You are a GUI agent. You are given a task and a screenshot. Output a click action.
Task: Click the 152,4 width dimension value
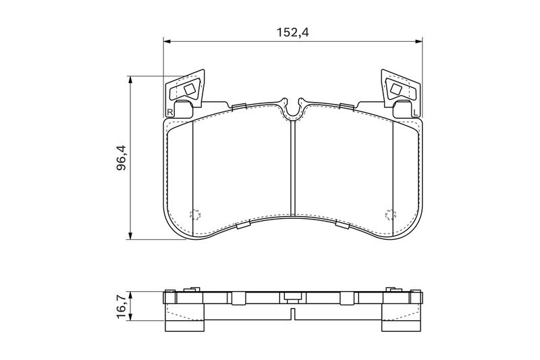[294, 32]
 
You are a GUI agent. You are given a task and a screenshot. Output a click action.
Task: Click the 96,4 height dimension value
[122, 158]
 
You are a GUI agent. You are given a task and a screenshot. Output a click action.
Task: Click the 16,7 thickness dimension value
[122, 307]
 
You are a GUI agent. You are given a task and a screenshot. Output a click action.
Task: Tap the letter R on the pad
[169, 112]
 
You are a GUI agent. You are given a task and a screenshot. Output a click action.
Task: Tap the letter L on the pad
[415, 112]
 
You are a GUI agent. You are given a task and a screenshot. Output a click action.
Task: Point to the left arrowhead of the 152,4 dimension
[167, 41]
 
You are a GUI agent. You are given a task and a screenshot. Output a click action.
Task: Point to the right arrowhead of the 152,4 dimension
[418, 41]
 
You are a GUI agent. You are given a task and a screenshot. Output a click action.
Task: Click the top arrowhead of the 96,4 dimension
[130, 80]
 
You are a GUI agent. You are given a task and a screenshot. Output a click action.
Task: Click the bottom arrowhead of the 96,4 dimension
[130, 235]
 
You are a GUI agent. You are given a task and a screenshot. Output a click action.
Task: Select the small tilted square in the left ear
[190, 90]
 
